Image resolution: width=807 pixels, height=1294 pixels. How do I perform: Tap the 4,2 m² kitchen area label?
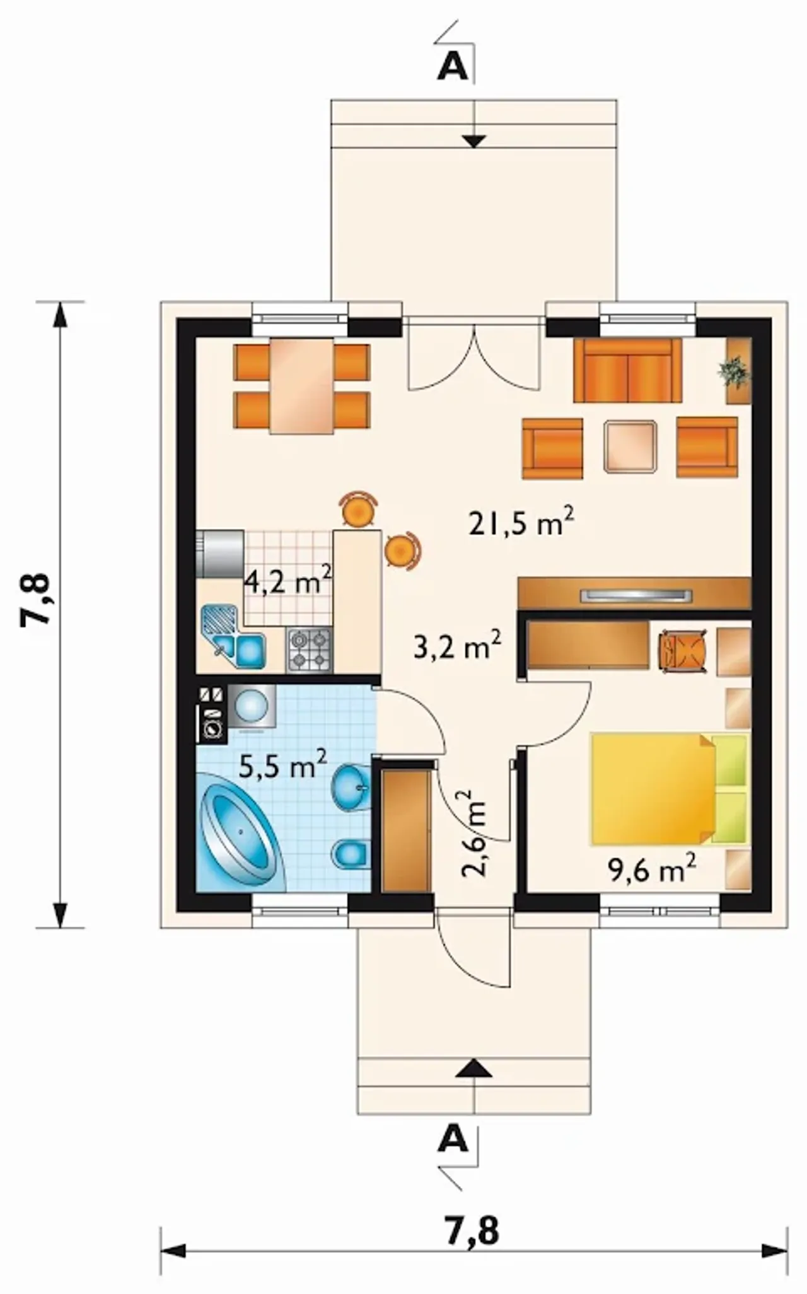(x=288, y=580)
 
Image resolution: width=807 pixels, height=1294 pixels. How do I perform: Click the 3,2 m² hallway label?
(x=457, y=646)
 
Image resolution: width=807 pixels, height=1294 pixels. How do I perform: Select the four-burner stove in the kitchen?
(x=310, y=650)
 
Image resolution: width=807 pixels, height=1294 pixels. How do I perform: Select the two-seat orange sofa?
(x=628, y=370)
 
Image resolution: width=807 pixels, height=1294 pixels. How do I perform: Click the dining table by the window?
(x=301, y=385)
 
